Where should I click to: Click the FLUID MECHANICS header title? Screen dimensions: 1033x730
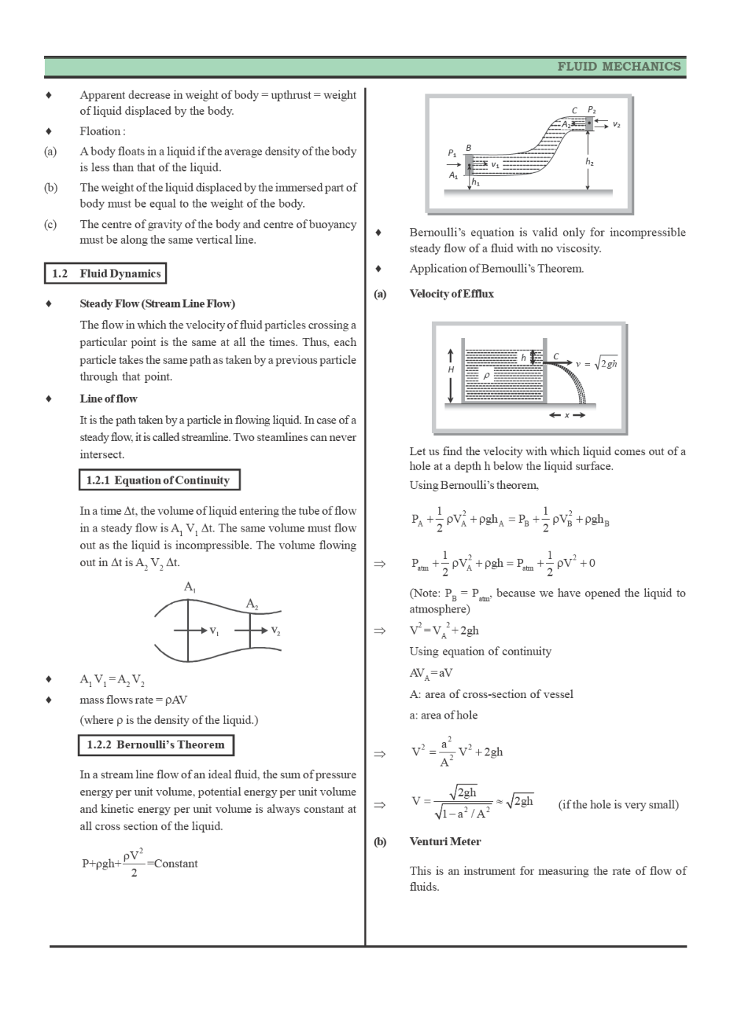(618, 66)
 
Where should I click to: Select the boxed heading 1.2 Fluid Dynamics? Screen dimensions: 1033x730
(105, 274)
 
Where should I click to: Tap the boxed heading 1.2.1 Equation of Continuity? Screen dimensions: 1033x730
(158, 481)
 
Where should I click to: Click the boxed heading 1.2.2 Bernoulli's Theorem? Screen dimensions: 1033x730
(156, 745)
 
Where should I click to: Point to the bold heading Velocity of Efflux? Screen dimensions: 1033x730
(451, 294)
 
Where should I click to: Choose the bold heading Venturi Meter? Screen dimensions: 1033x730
(444, 842)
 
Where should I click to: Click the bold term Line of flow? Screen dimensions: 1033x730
(108, 399)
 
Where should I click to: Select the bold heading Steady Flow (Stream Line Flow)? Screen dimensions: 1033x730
(157, 304)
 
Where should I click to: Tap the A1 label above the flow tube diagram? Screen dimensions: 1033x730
(190, 587)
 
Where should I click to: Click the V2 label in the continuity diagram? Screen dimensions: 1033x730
(275, 631)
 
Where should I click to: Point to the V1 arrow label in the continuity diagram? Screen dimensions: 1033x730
(214, 631)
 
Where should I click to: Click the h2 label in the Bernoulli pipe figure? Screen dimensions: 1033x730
(589, 161)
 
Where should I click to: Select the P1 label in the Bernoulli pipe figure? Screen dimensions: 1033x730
(452, 152)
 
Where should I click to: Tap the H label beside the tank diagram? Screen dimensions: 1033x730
(451, 369)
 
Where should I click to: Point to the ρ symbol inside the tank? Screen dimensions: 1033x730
(486, 376)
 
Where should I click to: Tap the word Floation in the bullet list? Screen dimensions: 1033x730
(101, 132)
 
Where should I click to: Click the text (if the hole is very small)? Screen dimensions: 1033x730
(618, 805)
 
